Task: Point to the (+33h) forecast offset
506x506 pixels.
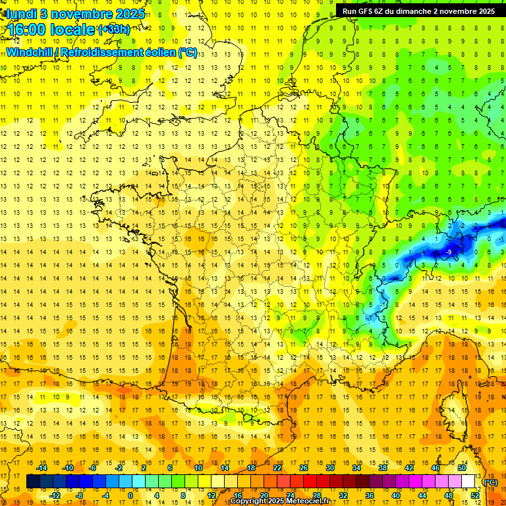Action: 114,29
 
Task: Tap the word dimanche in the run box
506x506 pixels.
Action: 414,11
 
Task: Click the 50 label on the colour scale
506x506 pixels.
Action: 462,468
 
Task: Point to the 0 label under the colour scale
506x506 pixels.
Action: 130,495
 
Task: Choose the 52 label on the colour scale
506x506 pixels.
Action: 474,495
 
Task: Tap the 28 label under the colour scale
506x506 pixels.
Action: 317,495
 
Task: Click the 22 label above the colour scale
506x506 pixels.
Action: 277,468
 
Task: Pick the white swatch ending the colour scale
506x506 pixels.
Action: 468,482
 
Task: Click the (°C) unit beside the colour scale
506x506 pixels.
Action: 490,483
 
